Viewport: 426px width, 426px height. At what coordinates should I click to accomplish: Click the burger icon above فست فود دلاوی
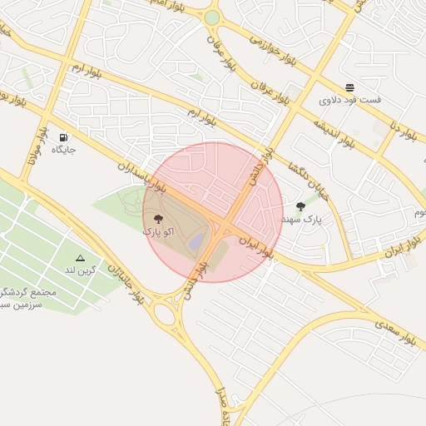(350, 87)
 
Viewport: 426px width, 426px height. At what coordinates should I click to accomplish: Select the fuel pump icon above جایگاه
(64, 137)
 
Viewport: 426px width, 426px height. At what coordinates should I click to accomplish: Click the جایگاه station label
(64, 150)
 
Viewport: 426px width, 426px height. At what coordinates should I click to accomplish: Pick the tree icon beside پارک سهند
(300, 206)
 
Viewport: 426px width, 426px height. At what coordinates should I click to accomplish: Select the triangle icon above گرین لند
(81, 258)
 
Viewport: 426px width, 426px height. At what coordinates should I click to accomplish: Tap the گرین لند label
(82, 270)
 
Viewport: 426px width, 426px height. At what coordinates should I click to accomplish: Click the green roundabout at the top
(212, 17)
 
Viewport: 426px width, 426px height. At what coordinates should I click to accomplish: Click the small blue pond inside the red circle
(196, 241)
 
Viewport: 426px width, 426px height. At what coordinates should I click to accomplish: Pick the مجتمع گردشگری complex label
(30, 294)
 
